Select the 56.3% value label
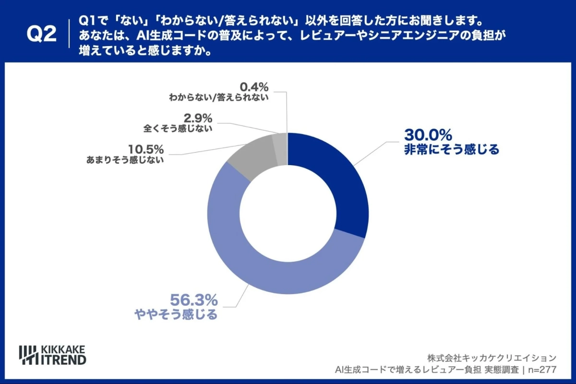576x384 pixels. pyautogui.click(x=194, y=300)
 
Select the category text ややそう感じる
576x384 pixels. pyautogui.click(x=175, y=315)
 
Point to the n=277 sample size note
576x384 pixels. pyautogui.click(x=541, y=370)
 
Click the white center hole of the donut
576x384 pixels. pyautogui.click(x=288, y=213)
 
